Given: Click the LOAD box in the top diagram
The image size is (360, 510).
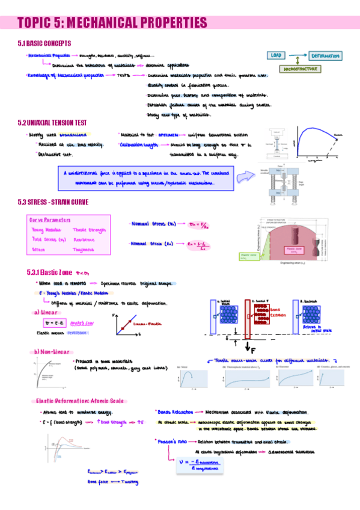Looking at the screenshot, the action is [278, 55].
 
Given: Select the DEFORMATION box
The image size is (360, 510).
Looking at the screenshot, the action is [325, 55].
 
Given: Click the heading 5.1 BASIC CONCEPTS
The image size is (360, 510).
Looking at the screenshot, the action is [44, 43].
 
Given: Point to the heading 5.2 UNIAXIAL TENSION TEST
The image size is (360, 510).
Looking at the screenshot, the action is [57, 123].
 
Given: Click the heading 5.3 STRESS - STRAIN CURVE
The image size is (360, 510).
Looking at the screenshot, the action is [53, 202].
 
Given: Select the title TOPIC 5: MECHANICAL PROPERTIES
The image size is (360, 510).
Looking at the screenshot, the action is [112, 23].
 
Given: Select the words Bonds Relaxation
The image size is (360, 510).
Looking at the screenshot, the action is [175, 412].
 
